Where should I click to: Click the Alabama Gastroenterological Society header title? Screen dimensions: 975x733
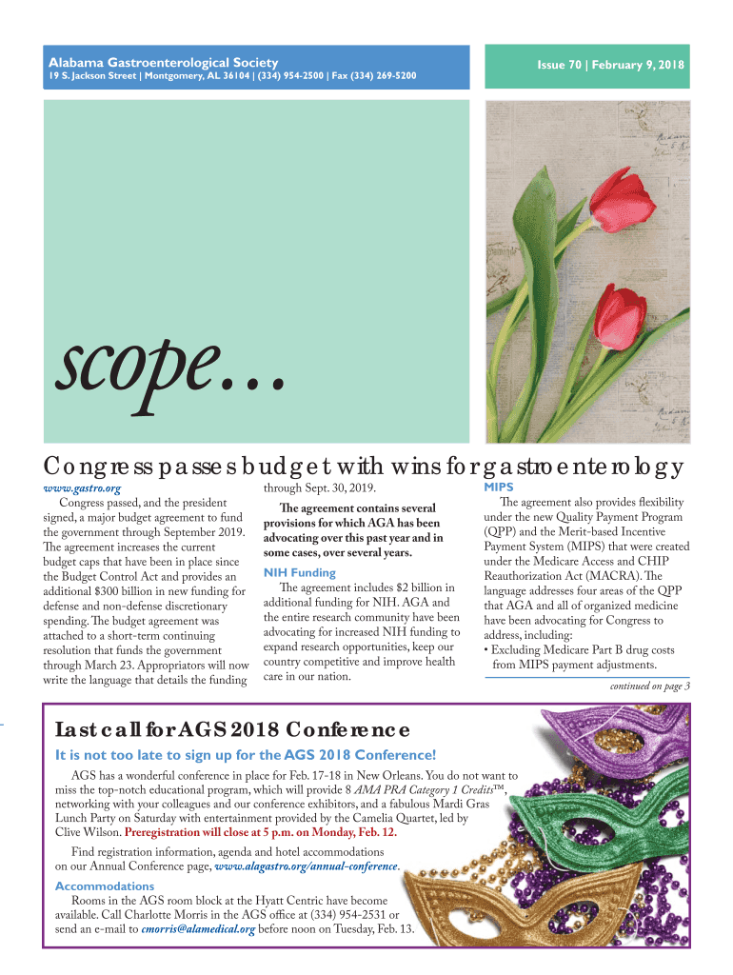point(144,61)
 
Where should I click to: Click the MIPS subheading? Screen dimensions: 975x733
point(500,487)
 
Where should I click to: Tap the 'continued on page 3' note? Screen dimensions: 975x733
point(649,686)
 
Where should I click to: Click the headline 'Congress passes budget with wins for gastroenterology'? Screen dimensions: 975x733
point(364,466)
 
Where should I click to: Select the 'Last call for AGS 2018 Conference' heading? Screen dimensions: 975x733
point(233,729)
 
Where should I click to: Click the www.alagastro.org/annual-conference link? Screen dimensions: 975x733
point(306,866)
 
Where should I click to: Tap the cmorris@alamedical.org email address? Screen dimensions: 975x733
point(198,929)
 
